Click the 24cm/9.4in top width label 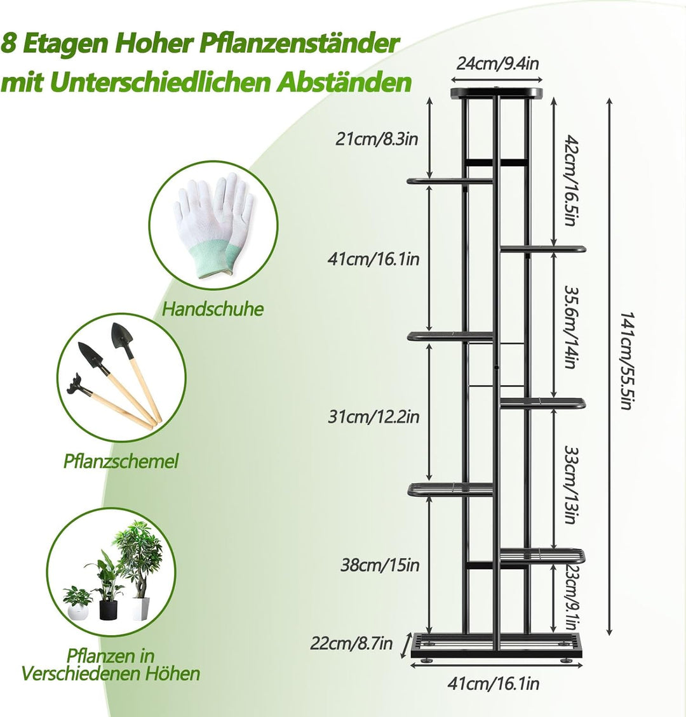click(497, 63)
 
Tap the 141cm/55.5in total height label click(626, 361)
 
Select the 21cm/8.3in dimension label click(377, 138)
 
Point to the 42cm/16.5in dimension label click(570, 180)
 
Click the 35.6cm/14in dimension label click(570, 327)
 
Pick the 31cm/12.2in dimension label click(373, 417)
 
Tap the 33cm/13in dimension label click(570, 485)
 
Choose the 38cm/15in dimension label click(380, 565)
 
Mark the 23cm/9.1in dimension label click(572, 596)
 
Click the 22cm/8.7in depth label click(351, 643)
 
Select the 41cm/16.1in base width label click(494, 683)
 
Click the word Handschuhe click(213, 309)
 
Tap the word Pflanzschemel click(121, 461)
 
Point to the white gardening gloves click(213, 226)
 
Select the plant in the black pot click(109, 588)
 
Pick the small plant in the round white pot click(77, 603)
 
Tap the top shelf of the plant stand click(497, 93)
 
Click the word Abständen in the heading click(346, 82)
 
